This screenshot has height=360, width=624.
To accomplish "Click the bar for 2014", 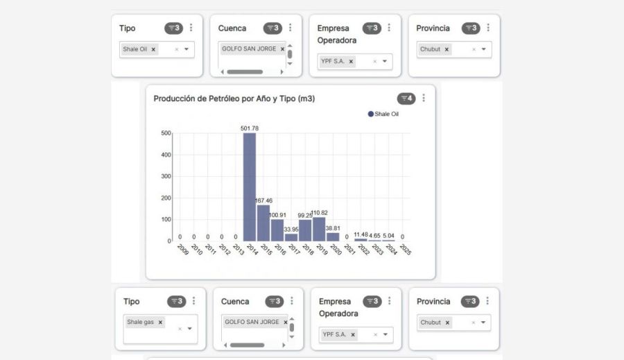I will pos(250,187).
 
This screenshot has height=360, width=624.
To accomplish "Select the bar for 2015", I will pos(263,223).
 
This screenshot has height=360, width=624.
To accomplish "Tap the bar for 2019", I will pos(319,229).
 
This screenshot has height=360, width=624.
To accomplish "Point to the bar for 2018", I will pos(305,230).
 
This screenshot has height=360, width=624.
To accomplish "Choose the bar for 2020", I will pos(333,237).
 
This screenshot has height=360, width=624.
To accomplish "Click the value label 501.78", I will pos(250,128).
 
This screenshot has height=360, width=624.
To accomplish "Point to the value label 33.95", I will pos(291,230).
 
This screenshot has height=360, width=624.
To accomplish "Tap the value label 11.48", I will pos(361,235).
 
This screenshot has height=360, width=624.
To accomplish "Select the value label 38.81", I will pos(333,228).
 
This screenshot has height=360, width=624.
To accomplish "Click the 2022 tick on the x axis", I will pos(363,250).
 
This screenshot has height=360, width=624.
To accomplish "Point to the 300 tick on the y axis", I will pos(166,176).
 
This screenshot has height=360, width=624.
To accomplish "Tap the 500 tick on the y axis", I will pos(166,133).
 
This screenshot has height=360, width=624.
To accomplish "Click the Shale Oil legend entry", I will pos(383,114).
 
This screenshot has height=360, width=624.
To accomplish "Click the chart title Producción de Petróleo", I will pos(234,98).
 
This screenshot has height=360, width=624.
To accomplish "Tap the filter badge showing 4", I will pos(406,98).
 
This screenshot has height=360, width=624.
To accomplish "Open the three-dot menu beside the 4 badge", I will pos(424,98).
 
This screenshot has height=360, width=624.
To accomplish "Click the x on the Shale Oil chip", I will pos(154,49).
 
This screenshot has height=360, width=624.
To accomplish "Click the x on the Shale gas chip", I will pos(160,323).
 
